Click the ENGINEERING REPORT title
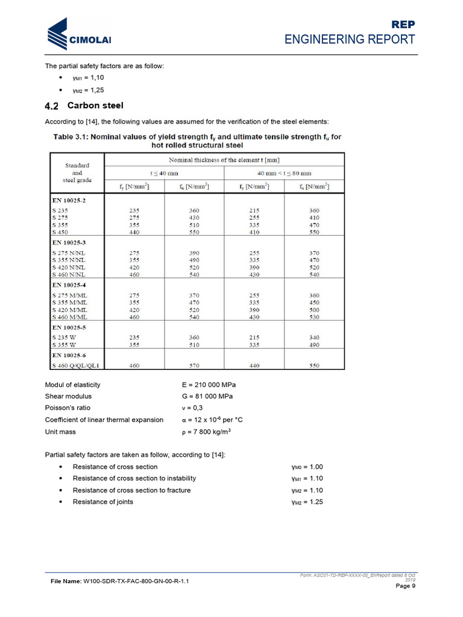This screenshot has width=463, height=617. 350,39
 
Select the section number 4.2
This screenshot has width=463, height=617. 52,106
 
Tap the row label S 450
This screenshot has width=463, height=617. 60,231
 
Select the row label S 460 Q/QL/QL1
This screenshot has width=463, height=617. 76,365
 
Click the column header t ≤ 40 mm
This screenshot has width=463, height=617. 142,173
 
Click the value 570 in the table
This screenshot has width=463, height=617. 194,365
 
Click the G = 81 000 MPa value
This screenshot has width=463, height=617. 207,396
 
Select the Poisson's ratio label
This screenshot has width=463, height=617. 68,408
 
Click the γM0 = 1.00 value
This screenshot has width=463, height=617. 307,467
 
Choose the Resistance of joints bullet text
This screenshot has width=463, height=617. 102,502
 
